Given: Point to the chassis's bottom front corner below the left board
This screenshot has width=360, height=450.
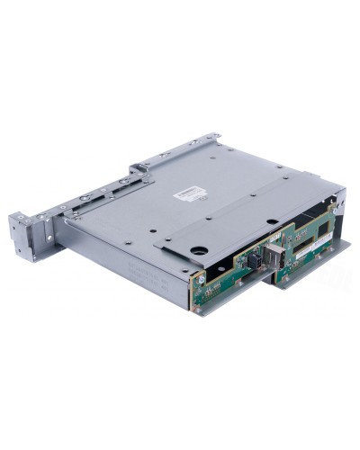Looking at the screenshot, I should coord(195,308).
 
